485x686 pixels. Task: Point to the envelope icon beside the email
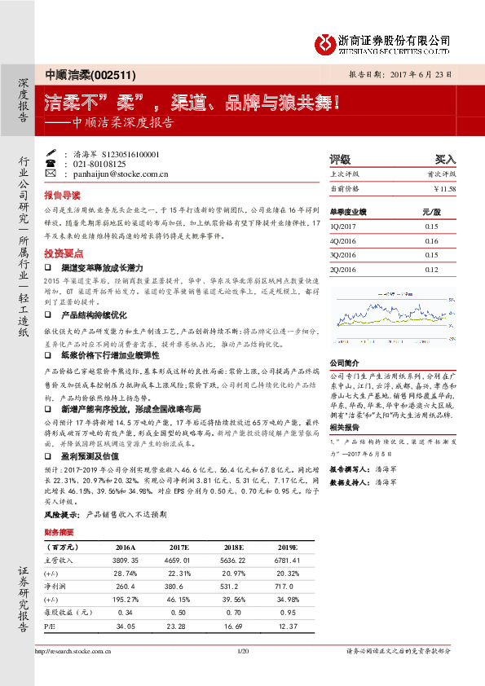click(x=51, y=174)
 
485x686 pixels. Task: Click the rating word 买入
click(x=445, y=160)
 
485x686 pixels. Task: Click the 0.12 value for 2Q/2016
click(x=431, y=268)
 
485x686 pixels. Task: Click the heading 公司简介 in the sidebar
click(x=344, y=363)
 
